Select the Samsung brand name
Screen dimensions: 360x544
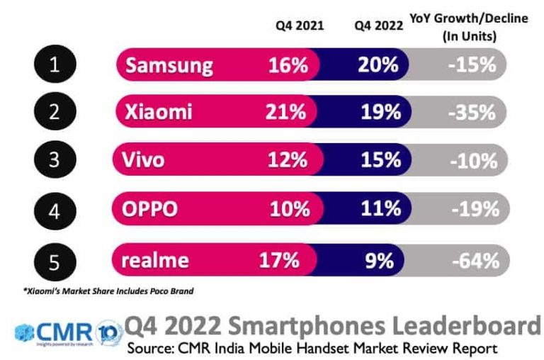pos(169,66)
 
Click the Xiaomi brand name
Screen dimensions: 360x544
pos(158,112)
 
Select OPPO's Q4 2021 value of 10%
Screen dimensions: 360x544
pos(289,210)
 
